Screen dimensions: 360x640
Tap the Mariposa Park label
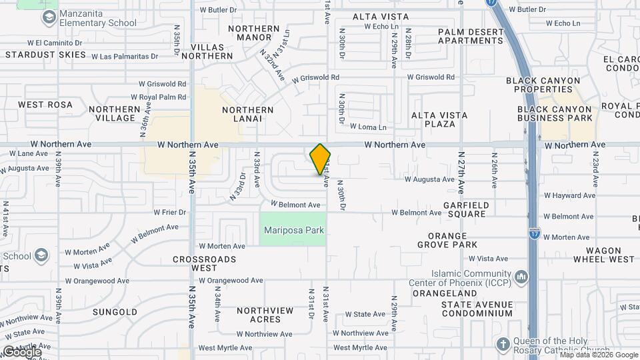coord(293,231)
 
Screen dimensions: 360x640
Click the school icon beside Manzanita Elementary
coord(48,16)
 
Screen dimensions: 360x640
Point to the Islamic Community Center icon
coord(521,275)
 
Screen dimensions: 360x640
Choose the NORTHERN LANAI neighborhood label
coord(248,114)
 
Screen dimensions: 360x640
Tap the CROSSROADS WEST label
coord(204,263)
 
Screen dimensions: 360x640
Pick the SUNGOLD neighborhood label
coord(115,312)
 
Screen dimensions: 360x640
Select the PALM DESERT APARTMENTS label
coord(471,36)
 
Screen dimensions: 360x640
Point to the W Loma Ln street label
coord(367,127)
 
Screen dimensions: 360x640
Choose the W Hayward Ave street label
coord(569,196)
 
